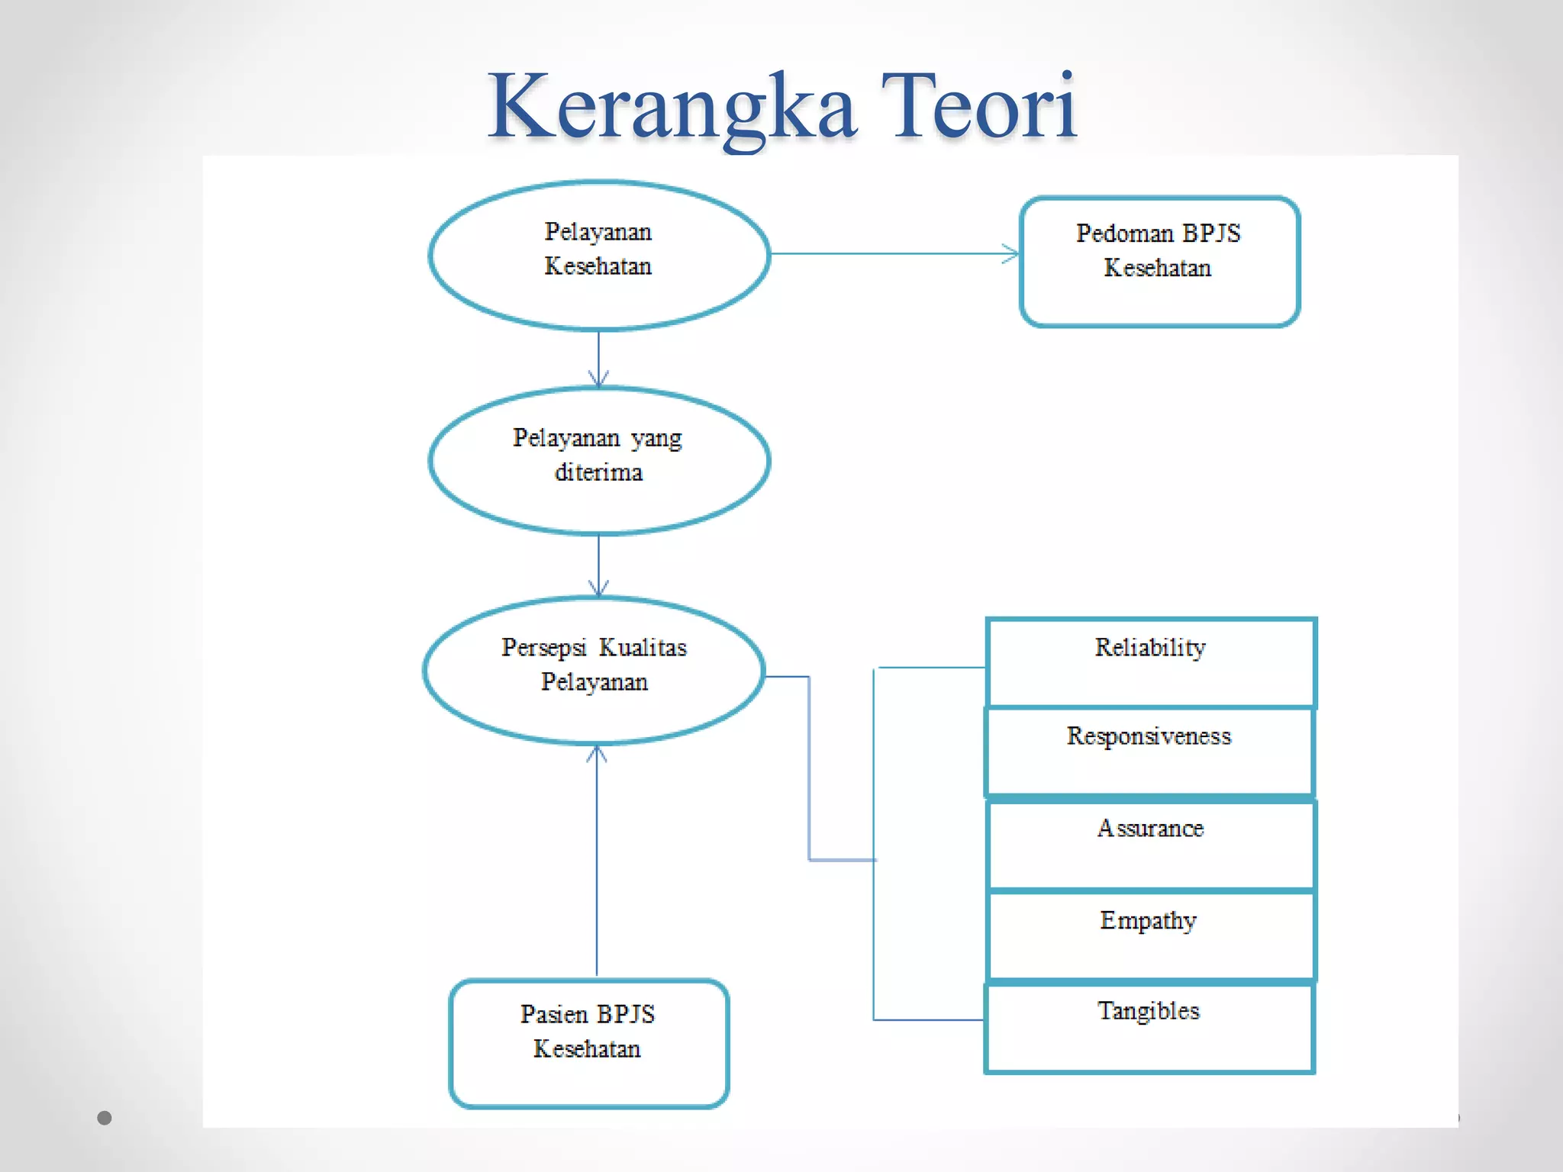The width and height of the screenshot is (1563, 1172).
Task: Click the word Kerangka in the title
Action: (x=672, y=107)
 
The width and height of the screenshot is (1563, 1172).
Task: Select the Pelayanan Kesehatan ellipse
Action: (x=598, y=256)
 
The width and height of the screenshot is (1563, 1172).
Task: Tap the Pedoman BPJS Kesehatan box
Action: (x=1159, y=262)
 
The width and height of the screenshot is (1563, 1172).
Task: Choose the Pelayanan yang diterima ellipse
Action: (x=598, y=461)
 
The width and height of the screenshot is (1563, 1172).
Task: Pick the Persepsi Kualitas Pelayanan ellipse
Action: (x=594, y=670)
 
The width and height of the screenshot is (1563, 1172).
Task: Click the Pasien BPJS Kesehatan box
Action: (x=588, y=1043)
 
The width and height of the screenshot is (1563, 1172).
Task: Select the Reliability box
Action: (x=1151, y=662)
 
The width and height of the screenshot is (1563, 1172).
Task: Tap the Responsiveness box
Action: (x=1149, y=752)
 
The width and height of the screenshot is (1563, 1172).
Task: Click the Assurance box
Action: (x=1151, y=845)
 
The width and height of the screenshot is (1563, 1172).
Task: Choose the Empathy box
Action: (x=1151, y=935)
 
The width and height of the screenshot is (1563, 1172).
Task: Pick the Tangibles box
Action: (x=1149, y=1028)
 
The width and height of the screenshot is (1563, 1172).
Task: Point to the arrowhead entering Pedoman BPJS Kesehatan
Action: (x=1011, y=254)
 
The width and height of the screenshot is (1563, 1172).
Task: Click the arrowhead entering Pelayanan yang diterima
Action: (x=598, y=378)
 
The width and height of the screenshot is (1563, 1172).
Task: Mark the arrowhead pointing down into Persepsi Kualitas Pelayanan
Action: (x=598, y=588)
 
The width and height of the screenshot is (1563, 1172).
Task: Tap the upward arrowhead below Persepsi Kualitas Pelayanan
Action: (x=597, y=754)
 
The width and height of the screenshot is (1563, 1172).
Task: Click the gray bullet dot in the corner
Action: (x=105, y=1118)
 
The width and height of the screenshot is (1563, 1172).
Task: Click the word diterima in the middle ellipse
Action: (x=598, y=473)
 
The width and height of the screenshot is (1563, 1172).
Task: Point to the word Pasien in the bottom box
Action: (x=554, y=1014)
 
